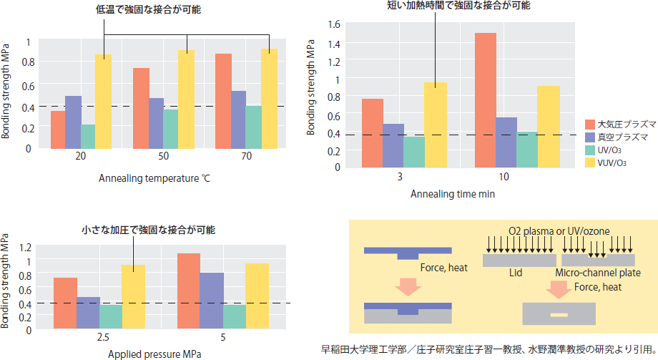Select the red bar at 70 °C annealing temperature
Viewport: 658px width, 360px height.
[x=223, y=101]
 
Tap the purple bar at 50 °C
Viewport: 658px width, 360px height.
[x=155, y=123]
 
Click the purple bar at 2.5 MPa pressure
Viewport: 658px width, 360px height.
[x=88, y=313]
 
